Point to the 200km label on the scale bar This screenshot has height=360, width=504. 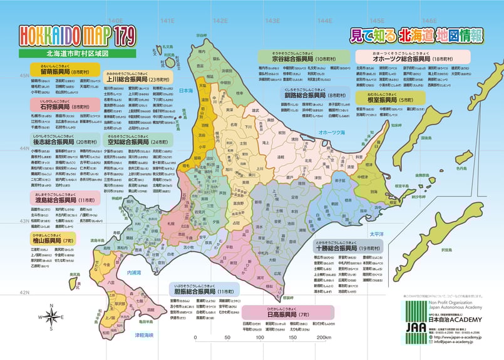pyautogui.click(x=323, y=338)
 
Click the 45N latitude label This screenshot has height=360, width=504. pyautogui.click(x=24, y=76)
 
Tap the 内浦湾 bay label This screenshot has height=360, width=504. pyautogui.click(x=133, y=272)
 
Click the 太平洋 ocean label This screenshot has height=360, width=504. pyautogui.click(x=375, y=233)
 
